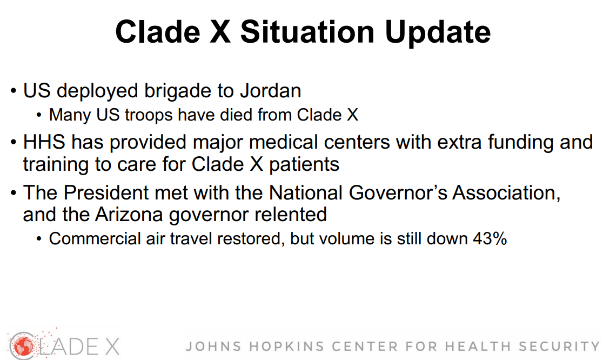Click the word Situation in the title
pyautogui.click(x=307, y=32)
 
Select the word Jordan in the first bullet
pyautogui.click(x=271, y=91)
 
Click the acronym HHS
pyautogui.click(x=44, y=142)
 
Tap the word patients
pyautogui.click(x=304, y=164)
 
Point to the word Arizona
pyautogui.click(x=129, y=215)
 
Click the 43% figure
pyautogui.click(x=490, y=238)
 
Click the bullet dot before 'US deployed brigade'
pyautogui.click(x=14, y=91)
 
